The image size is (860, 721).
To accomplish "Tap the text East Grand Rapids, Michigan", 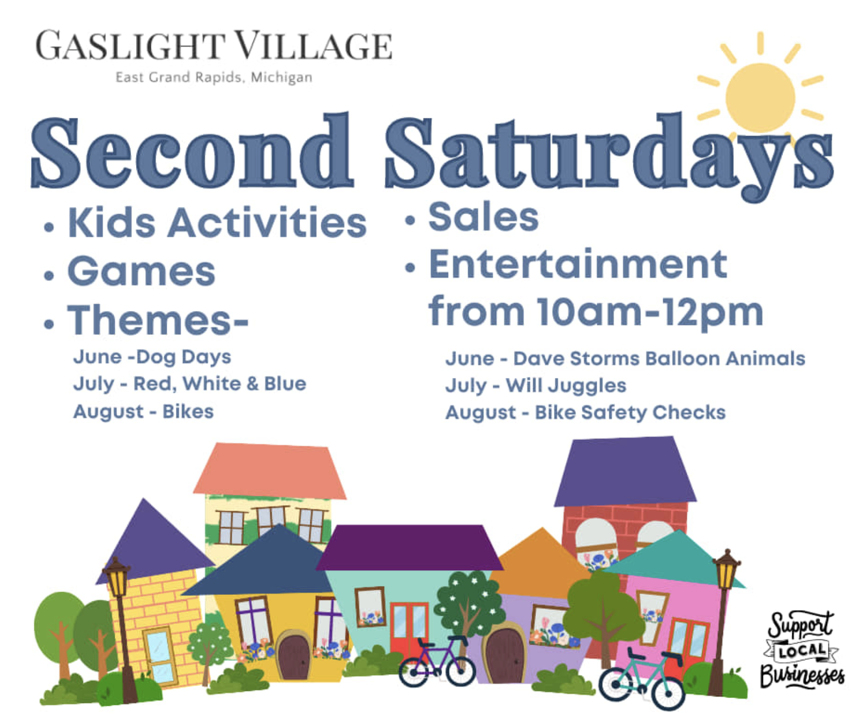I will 214,77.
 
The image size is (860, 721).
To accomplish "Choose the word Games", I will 142,271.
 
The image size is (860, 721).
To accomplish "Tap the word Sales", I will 484,217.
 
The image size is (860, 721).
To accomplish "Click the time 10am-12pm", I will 650,312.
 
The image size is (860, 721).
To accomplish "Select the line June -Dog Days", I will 152,357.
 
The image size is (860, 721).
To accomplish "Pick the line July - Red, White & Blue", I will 190,383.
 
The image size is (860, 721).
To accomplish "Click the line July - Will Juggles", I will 535,386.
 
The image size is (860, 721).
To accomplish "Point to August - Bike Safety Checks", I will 585,412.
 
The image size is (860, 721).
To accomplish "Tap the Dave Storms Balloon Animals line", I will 625,359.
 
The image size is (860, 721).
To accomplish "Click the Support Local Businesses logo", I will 802,650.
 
